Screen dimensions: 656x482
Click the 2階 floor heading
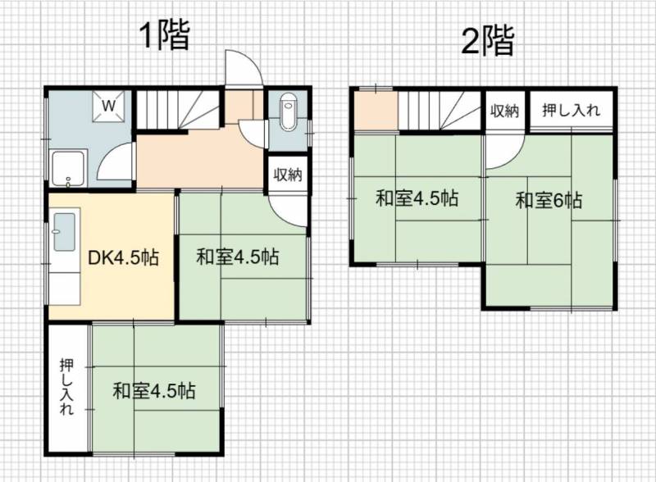coord(487,40)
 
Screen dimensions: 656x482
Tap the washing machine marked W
coord(108,106)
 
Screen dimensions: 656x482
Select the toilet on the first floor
coord(288,111)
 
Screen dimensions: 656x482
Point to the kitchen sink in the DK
coord(65,232)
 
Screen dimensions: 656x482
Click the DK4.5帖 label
coord(124,257)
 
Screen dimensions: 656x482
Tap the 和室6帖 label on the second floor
coord(549,200)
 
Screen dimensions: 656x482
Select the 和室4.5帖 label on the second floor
coord(417,198)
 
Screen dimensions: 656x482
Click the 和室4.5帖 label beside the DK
coord(237,257)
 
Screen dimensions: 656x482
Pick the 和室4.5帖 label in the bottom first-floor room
coord(153,391)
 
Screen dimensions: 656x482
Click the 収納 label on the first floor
coord(288,174)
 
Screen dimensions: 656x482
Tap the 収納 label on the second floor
coord(504,111)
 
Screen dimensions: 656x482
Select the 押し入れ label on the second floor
coord(571,110)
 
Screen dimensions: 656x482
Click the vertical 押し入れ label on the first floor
coord(67,387)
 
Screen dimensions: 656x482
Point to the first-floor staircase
coord(178,110)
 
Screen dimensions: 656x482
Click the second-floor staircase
coord(441,111)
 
